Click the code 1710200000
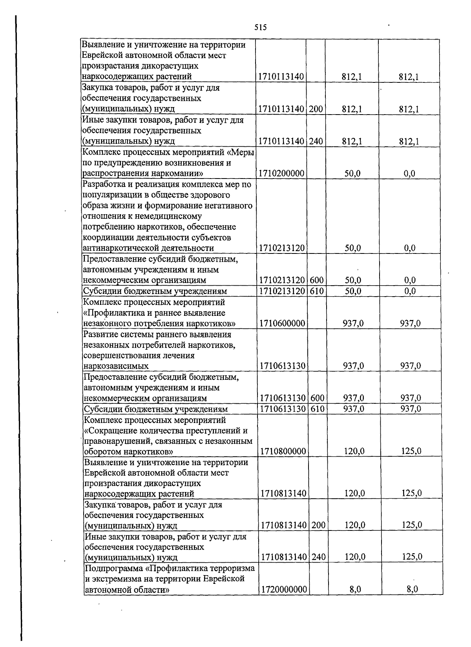pos(281,173)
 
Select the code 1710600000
pos(282,323)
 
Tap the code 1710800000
pos(283,451)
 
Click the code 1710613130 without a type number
pos(283,366)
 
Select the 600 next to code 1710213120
pos(316,280)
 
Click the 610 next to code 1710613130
pos(318,409)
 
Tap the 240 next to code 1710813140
pos(318,557)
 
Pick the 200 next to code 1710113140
pos(315,109)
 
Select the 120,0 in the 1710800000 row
pos(354,451)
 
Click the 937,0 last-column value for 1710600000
pos(411,323)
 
